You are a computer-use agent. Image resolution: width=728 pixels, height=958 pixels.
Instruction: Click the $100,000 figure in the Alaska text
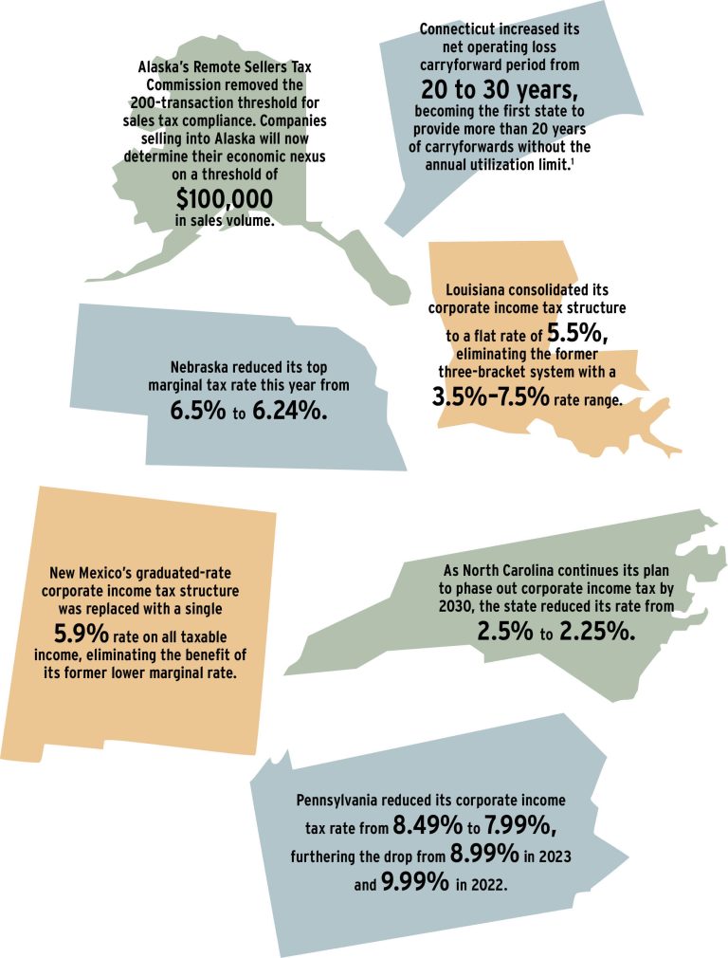[225, 198]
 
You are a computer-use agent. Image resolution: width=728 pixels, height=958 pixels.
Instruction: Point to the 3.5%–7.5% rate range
[489, 398]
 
